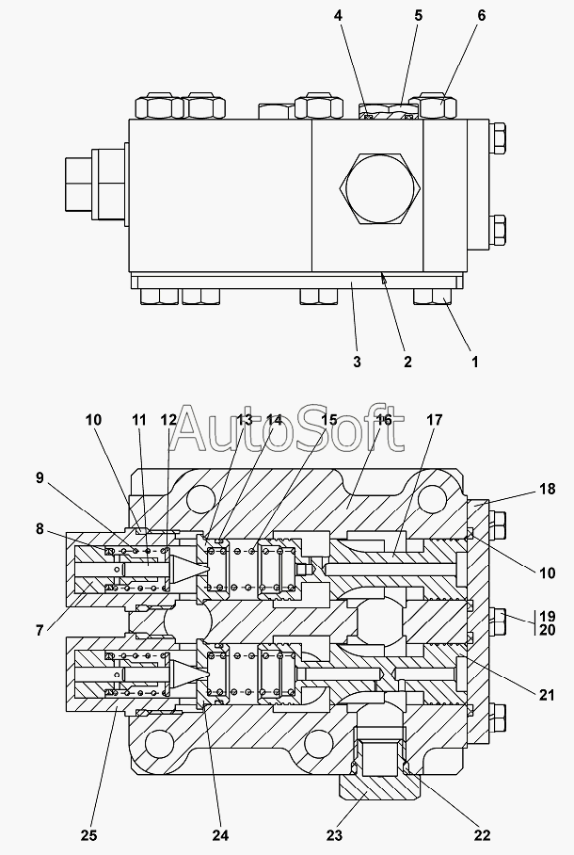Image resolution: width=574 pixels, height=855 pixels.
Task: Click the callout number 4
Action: coord(338,15)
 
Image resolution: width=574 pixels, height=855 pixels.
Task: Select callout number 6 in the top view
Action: coord(482,15)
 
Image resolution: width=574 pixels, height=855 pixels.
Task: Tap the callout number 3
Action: coord(357,362)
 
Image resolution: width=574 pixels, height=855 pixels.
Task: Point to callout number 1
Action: coord(475,362)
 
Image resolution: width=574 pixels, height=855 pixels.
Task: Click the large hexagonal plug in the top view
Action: coord(380,188)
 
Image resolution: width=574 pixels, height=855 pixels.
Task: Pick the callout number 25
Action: coord(89,835)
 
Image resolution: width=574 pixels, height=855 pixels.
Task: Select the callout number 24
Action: coord(221,835)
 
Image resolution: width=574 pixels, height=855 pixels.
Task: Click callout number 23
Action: coord(334,835)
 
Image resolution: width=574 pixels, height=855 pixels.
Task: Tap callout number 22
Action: coord(483,835)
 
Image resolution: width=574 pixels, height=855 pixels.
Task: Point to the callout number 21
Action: coord(547,695)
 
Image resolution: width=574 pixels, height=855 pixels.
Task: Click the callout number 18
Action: coord(548,489)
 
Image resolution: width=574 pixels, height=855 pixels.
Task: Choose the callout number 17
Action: coord(435,420)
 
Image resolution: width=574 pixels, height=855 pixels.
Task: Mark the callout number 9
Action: coord(40,477)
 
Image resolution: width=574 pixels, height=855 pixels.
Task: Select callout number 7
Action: coord(40,630)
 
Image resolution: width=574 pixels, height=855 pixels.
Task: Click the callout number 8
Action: coord(40,529)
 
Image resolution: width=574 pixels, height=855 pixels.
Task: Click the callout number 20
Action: coord(548,630)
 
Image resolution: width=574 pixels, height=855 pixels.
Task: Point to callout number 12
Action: coord(168,420)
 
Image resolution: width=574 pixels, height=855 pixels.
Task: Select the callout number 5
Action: coord(418,15)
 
